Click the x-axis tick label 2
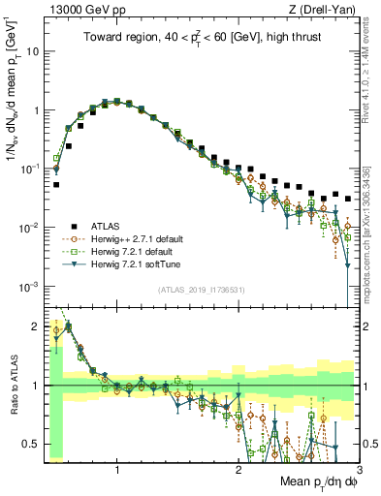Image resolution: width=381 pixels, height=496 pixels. pyautogui.click(x=238, y=468)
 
